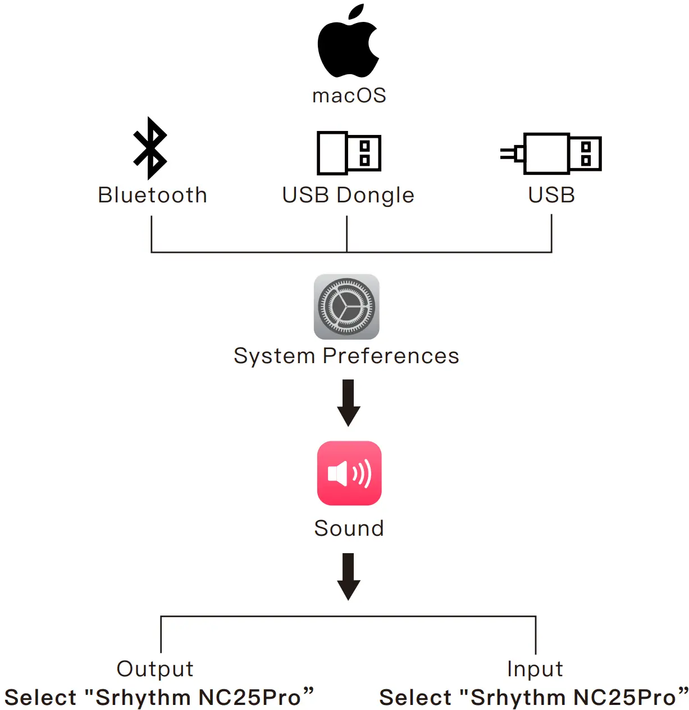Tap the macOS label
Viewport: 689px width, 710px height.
pyautogui.click(x=349, y=96)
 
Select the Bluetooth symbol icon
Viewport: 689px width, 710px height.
pyautogui.click(x=150, y=148)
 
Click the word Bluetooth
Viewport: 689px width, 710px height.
pyautogui.click(x=153, y=195)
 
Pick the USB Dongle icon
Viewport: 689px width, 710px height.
pyautogui.click(x=349, y=153)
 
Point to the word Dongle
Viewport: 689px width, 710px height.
pyautogui.click(x=376, y=196)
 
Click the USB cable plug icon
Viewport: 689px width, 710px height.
pyautogui.click(x=551, y=153)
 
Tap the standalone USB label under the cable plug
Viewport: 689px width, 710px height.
pyautogui.click(x=551, y=195)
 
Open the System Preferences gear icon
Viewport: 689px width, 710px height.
pyautogui.click(x=346, y=307)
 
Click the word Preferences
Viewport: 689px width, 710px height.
pyautogui.click(x=391, y=356)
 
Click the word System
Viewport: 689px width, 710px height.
pyautogui.click(x=274, y=356)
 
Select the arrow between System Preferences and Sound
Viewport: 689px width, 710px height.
pyautogui.click(x=348, y=403)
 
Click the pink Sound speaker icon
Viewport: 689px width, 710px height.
pyautogui.click(x=349, y=473)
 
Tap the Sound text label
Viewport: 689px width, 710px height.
pyautogui.click(x=349, y=528)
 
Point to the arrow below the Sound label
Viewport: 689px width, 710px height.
pyautogui.click(x=348, y=576)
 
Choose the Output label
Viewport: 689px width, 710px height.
pyautogui.click(x=155, y=669)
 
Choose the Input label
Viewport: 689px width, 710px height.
pyautogui.click(x=535, y=669)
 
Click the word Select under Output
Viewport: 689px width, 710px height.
pyautogui.click(x=40, y=698)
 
